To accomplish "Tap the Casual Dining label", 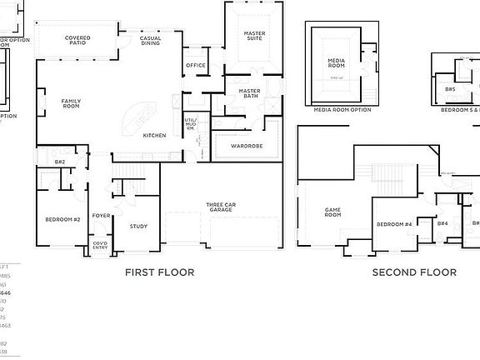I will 151,40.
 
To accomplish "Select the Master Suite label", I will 254,35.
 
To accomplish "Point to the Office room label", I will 196,65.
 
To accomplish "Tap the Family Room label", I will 71,103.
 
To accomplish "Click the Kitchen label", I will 154,135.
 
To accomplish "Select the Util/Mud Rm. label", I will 191,124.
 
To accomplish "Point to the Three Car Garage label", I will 220,207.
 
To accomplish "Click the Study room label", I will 138,226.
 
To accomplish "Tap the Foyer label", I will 101,215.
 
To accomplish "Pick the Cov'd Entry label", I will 100,245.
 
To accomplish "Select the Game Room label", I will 332,212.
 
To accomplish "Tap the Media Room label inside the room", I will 336,64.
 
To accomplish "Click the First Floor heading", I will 159,272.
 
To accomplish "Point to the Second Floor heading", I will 414,272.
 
